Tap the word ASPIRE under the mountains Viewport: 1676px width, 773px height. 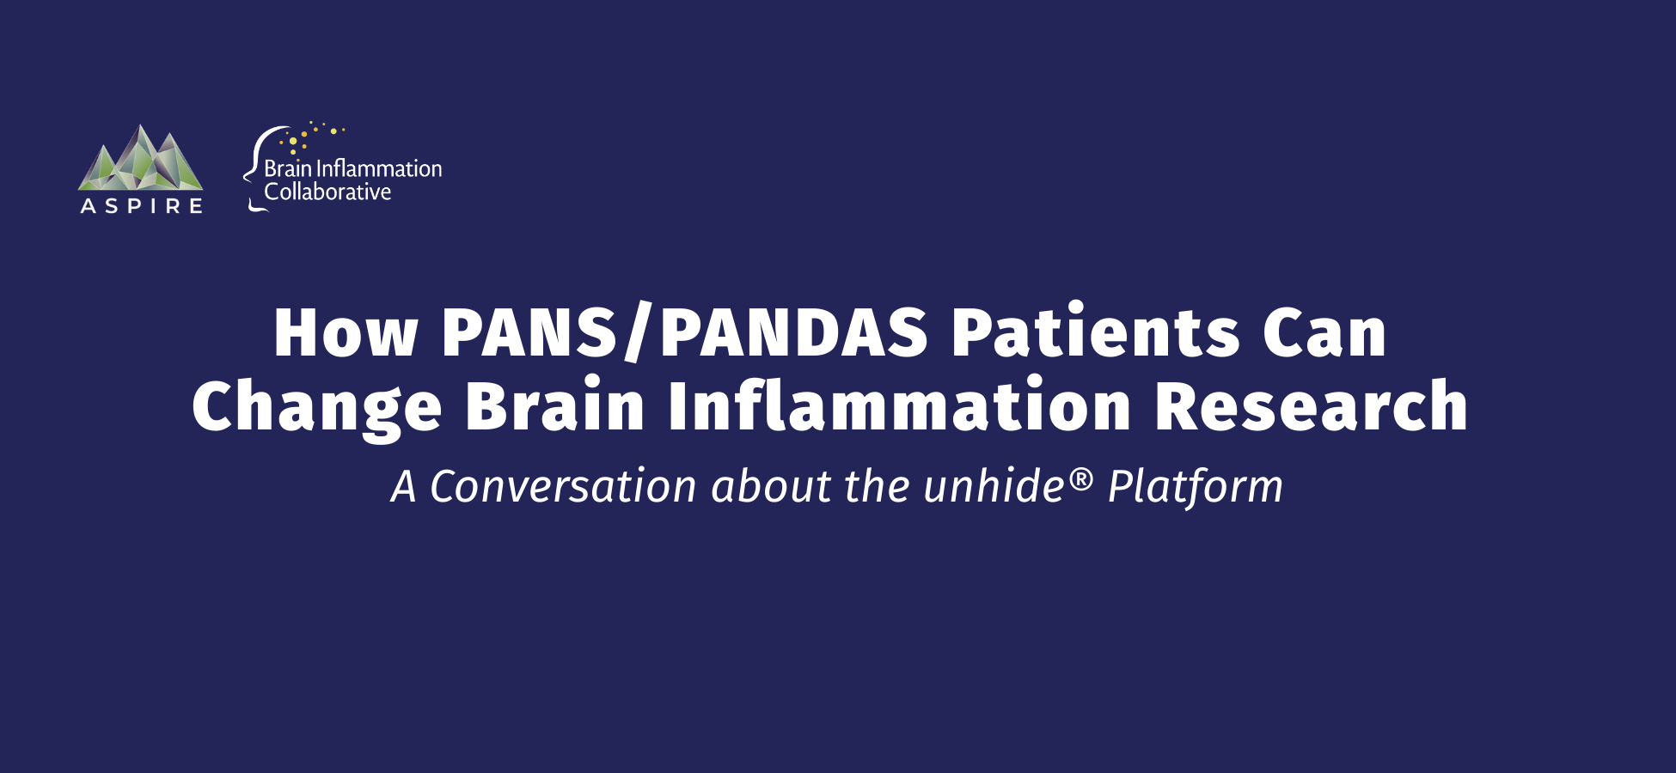[x=142, y=206]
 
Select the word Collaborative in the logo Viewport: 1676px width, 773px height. [x=327, y=192]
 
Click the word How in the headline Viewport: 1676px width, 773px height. [x=346, y=332]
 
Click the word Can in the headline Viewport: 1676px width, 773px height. [x=1324, y=332]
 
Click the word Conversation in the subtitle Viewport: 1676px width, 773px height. [x=563, y=486]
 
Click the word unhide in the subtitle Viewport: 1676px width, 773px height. [x=994, y=486]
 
